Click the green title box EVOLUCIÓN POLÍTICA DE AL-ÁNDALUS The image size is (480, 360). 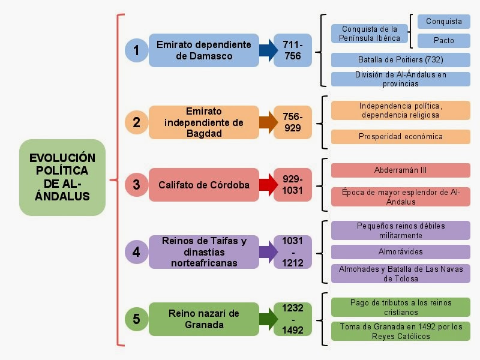[x=62, y=178]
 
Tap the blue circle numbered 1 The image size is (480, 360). [x=136, y=50]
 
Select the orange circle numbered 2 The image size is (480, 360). [x=136, y=122]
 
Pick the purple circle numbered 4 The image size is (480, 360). [x=136, y=251]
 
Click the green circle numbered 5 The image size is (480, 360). [x=136, y=319]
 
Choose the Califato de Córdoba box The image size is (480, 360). [x=204, y=185]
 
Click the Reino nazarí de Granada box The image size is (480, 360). [x=204, y=319]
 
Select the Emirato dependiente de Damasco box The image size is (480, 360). [x=204, y=50]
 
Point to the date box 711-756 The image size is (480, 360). [x=293, y=50]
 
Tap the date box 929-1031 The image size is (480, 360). [x=293, y=185]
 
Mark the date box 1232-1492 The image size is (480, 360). [x=293, y=319]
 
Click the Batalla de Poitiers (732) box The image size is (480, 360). [x=401, y=60]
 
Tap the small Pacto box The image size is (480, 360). [x=444, y=41]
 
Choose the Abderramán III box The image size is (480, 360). [x=401, y=170]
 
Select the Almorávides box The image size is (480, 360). [x=401, y=252]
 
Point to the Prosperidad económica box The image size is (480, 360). [x=401, y=137]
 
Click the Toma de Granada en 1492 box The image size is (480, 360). [x=401, y=331]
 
